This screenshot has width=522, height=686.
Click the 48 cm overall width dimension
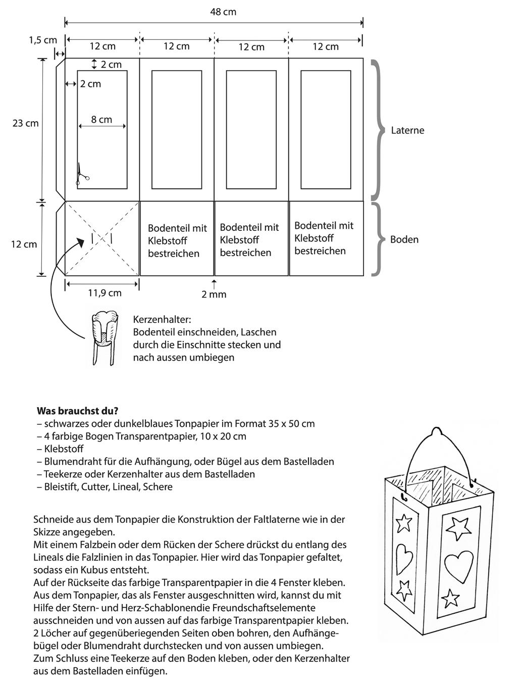tap(223, 12)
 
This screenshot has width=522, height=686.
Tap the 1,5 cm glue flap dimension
tap(43, 40)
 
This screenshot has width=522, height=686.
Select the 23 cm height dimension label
tap(26, 123)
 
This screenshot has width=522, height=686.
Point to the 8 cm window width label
tap(101, 120)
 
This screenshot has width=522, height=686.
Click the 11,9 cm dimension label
tap(105, 292)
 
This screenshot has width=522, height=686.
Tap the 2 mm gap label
tap(214, 294)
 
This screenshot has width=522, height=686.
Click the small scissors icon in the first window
tap(82, 174)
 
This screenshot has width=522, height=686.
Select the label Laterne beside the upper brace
tap(407, 130)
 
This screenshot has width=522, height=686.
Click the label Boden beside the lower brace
tap(404, 239)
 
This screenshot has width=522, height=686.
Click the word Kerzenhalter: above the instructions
tap(162, 320)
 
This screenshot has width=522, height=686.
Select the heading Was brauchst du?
tap(77, 411)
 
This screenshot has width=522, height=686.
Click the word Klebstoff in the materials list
tap(64, 449)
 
